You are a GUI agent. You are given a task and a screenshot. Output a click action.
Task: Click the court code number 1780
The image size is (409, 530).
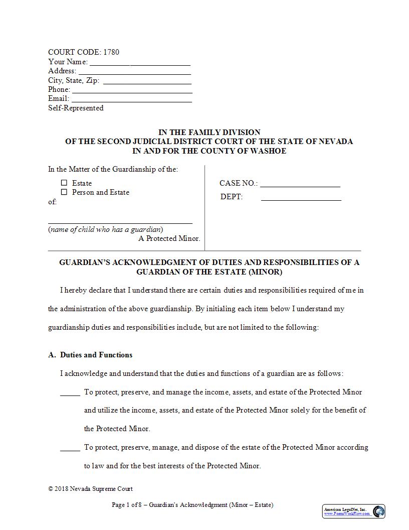coord(111,52)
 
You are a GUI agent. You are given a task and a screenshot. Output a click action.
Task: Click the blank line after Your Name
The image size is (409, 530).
coord(140,65)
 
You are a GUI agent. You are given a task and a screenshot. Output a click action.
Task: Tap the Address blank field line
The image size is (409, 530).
coord(134,74)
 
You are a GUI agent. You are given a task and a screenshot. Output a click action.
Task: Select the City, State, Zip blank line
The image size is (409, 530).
coord(147,83)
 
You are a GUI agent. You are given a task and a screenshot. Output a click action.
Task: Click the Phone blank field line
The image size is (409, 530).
coord(132,92)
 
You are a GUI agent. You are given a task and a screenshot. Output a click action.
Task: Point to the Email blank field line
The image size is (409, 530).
coord(132,101)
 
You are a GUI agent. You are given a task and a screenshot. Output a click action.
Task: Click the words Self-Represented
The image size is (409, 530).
coord(76,108)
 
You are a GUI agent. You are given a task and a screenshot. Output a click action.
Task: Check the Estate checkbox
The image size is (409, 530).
coord(64,183)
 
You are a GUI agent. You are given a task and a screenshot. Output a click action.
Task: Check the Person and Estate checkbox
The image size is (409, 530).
coord(64,192)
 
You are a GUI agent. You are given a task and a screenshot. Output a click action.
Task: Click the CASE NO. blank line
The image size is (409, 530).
coord(300,186)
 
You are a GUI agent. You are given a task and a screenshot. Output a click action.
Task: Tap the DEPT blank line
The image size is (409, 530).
coord(301,200)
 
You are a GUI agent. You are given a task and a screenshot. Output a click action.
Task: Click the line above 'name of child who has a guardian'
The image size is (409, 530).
coord(120,223)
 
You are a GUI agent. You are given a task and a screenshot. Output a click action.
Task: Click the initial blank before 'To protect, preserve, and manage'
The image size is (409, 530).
coord(70,395)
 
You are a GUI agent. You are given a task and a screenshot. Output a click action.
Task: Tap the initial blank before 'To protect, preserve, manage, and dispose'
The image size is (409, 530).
coord(70,450)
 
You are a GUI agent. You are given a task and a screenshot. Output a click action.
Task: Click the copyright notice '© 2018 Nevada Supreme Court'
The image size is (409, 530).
coord(90,489)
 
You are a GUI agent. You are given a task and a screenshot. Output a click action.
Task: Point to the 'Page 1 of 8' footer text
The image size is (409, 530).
coord(128,505)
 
